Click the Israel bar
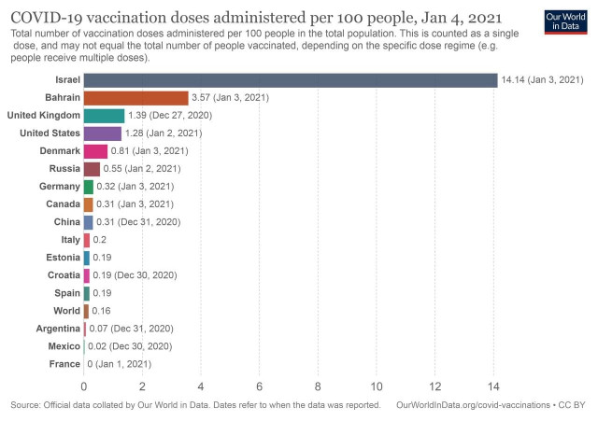point(290,80)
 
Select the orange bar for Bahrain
point(135,98)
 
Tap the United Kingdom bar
point(104,116)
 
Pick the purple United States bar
point(102,133)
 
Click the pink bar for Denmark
point(95,151)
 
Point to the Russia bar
point(92,169)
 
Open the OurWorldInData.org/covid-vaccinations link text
point(477,405)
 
